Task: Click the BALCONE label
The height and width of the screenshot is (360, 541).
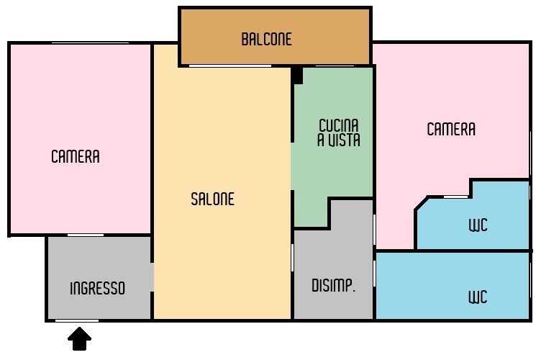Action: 266,39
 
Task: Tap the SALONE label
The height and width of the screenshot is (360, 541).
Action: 212,199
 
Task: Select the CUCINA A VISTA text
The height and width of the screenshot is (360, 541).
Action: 338,133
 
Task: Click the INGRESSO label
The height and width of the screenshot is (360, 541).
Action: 97,288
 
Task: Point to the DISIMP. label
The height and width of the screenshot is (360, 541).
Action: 333,286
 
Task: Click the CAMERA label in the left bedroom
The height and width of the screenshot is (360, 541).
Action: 76,156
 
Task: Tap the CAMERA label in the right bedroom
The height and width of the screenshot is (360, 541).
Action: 451,129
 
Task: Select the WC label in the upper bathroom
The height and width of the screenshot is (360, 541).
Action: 478,225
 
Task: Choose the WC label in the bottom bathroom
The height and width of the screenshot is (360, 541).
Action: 478,297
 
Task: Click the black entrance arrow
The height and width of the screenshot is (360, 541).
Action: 79,338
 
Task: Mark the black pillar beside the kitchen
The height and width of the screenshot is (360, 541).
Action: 297,76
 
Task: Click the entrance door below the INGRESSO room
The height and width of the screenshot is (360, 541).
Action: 77,320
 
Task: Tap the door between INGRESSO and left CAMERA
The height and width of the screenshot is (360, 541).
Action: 86,235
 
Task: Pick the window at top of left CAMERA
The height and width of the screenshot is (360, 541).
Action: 90,42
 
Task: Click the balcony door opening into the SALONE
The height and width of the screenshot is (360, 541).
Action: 230,66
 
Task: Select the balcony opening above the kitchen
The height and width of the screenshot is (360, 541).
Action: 335,66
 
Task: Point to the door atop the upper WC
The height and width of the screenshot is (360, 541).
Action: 456,197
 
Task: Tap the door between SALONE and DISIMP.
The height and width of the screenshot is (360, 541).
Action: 293,258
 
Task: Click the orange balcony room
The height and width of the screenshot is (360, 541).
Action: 276,36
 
